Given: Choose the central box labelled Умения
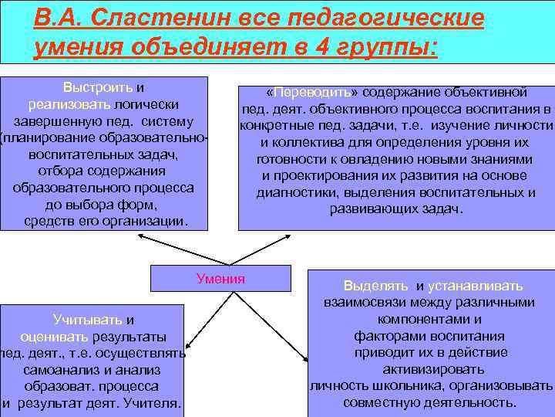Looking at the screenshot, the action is tap(220, 279).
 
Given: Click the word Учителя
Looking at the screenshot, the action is tap(157, 403).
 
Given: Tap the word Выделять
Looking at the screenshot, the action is tap(375, 285).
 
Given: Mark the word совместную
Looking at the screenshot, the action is tap(382, 402).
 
